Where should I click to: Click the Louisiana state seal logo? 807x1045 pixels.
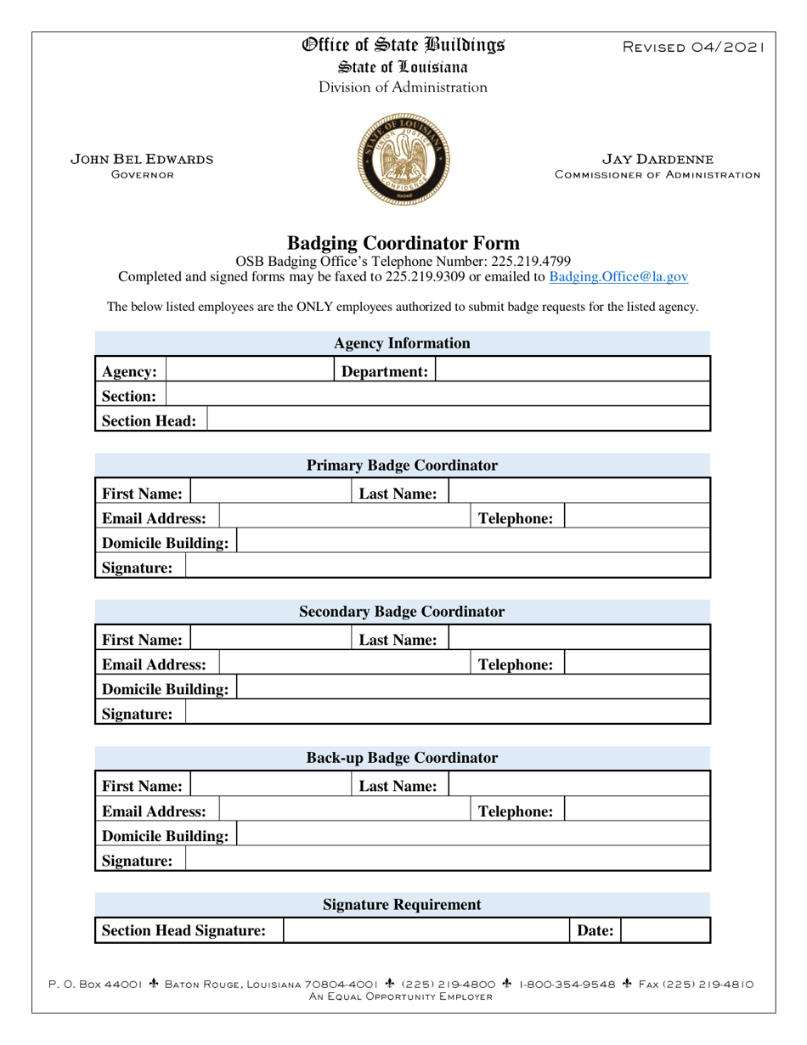tap(403, 161)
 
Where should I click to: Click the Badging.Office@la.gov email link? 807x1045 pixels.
tap(618, 276)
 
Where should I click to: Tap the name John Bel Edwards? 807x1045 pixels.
tap(141, 159)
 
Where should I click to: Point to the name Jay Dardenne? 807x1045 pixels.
tap(657, 159)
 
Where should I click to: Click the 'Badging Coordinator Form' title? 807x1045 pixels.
tap(403, 243)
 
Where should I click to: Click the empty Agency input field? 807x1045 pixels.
tap(248, 370)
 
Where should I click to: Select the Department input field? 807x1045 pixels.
tap(573, 370)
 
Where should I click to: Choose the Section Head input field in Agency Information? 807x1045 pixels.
tap(458, 419)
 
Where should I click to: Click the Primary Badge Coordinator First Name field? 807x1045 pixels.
tap(270, 492)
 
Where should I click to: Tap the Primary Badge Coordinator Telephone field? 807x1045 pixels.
tap(637, 517)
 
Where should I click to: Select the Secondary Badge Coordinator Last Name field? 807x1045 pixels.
tap(578, 638)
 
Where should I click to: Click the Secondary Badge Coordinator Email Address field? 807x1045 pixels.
tap(344, 663)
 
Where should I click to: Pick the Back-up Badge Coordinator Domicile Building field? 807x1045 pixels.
tap(472, 834)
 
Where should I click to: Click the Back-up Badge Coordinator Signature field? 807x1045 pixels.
tap(447, 859)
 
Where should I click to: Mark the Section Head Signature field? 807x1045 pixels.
tap(425, 930)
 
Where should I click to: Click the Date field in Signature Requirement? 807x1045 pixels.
tap(666, 930)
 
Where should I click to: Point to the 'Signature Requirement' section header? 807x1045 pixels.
tap(403, 905)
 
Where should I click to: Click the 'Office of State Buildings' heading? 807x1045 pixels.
tap(403, 46)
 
